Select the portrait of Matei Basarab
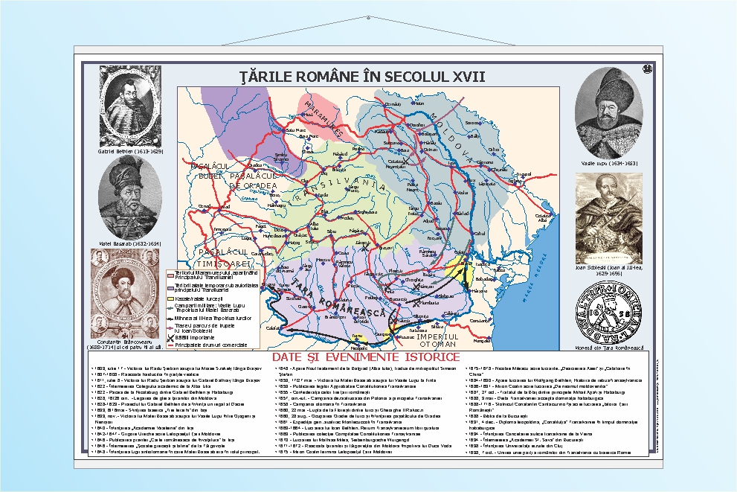(x=130, y=197)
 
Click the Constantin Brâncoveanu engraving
(x=124, y=293)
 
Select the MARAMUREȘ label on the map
(x=324, y=119)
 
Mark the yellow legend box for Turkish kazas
(x=170, y=296)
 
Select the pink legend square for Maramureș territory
(x=170, y=275)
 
